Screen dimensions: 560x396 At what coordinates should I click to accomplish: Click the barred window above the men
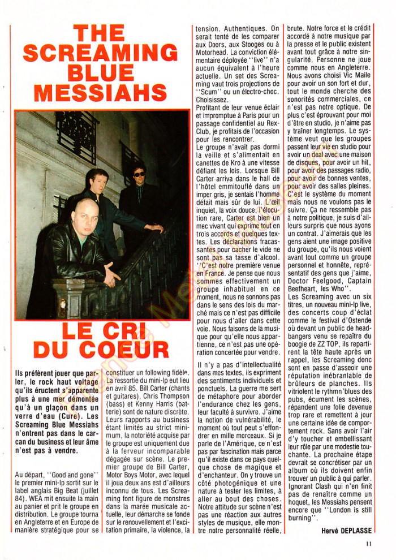pos(77,135)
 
